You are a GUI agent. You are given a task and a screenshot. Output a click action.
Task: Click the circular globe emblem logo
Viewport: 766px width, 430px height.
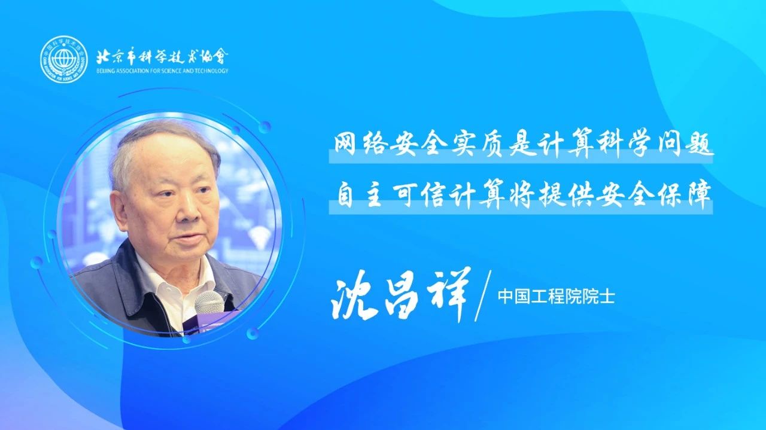(63, 59)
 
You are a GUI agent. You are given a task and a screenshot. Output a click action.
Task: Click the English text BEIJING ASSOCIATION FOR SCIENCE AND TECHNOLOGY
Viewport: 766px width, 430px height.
(162, 71)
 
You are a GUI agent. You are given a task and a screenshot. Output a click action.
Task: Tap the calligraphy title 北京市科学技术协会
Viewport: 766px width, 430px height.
(162, 56)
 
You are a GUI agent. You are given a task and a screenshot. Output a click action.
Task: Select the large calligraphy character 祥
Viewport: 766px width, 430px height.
(447, 294)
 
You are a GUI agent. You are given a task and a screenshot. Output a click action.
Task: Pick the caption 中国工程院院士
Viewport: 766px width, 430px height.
(556, 297)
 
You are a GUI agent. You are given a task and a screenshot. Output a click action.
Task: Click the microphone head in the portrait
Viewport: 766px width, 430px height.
(209, 303)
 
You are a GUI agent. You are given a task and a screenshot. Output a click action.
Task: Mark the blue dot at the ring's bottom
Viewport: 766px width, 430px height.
(187, 340)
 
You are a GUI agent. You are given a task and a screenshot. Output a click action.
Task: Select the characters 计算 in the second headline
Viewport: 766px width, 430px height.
(478, 196)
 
